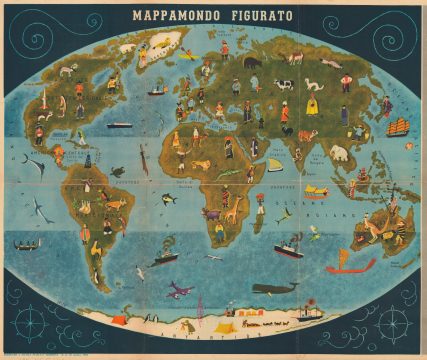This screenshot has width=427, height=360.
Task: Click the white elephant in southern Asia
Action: click(339, 153)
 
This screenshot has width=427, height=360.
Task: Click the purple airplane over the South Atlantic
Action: click(180, 290)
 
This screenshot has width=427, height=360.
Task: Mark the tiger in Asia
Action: click(307, 135)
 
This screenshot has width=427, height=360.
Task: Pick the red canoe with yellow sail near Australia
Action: click(350, 265)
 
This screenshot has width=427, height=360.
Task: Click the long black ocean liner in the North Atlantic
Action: click(119, 125)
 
